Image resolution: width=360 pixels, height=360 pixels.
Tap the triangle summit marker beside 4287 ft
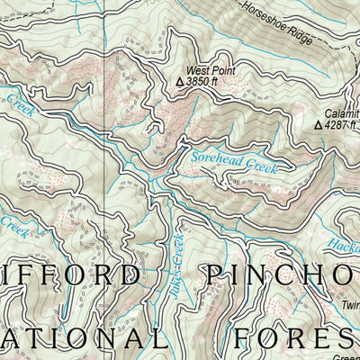[317, 125]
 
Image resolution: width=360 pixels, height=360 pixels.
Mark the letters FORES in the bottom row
[292, 337]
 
